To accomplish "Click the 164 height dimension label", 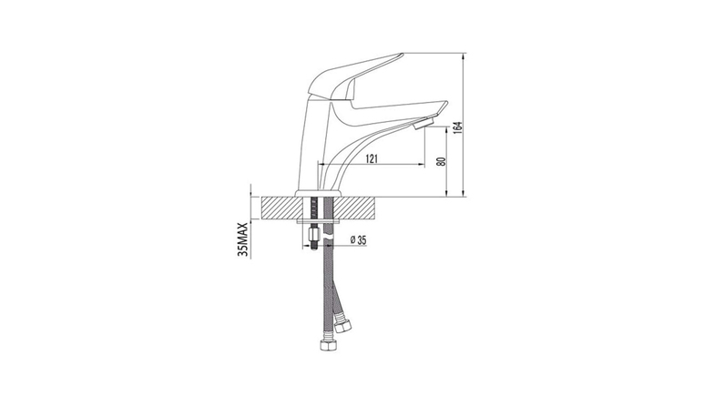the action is [x=457, y=127].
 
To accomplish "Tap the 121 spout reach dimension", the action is [x=372, y=158].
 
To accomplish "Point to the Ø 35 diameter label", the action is [x=358, y=240].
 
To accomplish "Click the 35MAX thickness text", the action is [x=243, y=239].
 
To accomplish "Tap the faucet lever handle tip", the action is [x=401, y=56].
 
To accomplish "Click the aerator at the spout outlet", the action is [x=423, y=123].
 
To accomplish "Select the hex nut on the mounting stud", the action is [x=312, y=234].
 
